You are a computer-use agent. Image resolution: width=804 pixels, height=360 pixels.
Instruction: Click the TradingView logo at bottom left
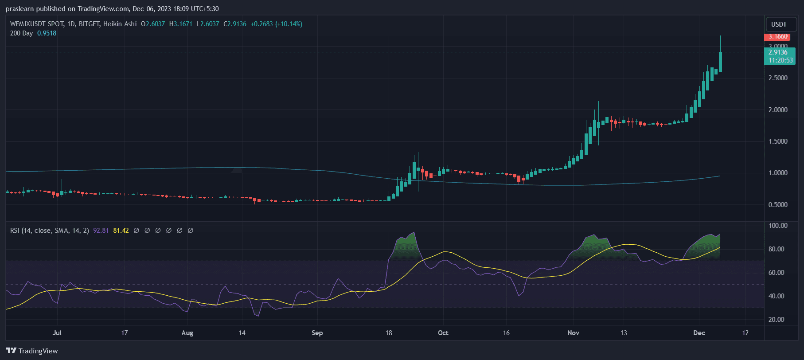[32, 351]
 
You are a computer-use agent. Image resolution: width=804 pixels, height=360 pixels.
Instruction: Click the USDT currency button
[779, 24]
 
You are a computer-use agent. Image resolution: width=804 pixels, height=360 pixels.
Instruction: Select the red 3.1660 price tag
[778, 36]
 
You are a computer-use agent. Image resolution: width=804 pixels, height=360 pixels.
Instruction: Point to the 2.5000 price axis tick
[778, 78]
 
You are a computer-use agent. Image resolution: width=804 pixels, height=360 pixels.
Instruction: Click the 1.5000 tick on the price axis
[778, 141]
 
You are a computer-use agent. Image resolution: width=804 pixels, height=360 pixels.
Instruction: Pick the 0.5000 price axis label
[778, 205]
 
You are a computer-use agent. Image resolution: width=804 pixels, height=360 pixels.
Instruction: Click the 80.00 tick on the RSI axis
[776, 249]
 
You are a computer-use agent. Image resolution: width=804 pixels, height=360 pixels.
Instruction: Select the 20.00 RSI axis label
[776, 320]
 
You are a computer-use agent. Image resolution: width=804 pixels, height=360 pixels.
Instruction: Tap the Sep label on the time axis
[317, 333]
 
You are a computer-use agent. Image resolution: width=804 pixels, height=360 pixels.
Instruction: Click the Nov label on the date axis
[573, 333]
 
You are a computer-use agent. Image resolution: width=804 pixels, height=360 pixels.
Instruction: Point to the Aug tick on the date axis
[187, 333]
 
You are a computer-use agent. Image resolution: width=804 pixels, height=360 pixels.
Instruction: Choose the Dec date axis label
[699, 333]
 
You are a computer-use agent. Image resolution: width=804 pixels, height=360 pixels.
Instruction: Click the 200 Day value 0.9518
[47, 33]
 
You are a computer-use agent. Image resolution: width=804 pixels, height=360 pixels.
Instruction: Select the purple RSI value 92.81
[101, 231]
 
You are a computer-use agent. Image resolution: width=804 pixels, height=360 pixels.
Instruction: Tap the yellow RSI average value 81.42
[121, 231]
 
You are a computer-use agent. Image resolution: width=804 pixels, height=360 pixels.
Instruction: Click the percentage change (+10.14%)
[289, 24]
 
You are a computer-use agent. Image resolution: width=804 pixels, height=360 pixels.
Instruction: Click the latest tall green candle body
[721, 62]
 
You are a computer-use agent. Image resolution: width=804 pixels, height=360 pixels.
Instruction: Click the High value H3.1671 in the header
[181, 24]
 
